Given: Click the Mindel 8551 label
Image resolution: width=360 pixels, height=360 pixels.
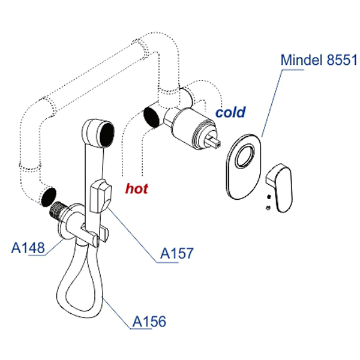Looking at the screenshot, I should coord(319,60).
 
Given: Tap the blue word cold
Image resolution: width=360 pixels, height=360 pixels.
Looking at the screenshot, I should coord(231,112).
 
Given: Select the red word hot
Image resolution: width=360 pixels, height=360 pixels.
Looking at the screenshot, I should coord(137,188).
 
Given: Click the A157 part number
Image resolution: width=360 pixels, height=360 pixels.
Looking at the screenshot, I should coord(177,253).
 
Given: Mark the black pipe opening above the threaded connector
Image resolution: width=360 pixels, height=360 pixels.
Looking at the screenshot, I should coord(49,197).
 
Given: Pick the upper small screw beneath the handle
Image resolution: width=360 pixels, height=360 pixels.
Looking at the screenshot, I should coord(269,196).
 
